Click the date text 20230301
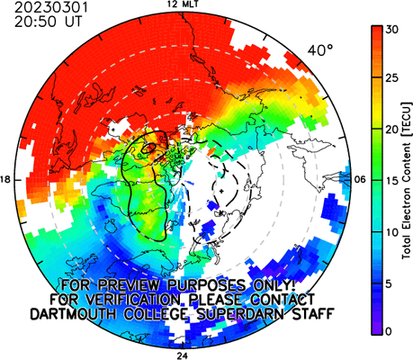click(51, 7)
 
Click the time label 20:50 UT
click(48, 22)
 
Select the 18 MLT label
click(6, 180)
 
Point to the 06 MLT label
click(360, 180)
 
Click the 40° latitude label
click(320, 50)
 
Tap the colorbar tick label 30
click(392, 30)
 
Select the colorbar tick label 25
click(392, 78)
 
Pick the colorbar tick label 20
click(392, 130)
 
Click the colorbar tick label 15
click(392, 181)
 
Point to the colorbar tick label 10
click(392, 232)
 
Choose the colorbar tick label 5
click(390, 283)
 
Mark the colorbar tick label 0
click(390, 331)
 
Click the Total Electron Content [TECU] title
click(407, 180)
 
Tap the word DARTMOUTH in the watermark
click(74, 314)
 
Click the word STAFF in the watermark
click(313, 314)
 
